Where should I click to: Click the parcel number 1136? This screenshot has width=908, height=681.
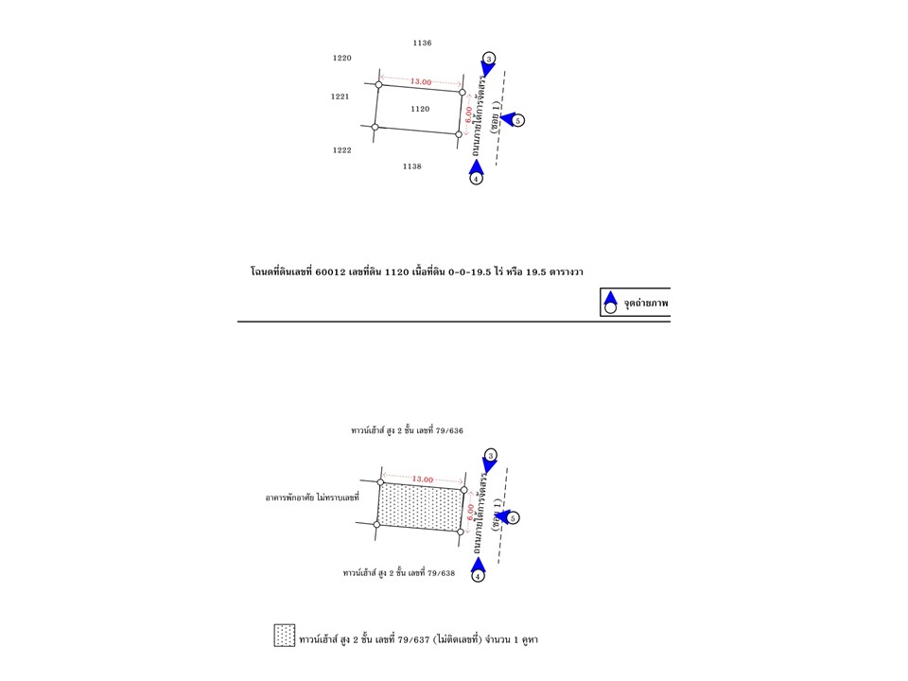(x=423, y=43)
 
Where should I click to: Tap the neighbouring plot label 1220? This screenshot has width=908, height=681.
(x=341, y=58)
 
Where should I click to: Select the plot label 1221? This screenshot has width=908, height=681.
(x=340, y=96)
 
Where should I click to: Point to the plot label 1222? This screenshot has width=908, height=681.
(x=341, y=150)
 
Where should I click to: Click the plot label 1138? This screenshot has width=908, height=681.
(x=411, y=166)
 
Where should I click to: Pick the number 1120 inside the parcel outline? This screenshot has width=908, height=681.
(x=420, y=109)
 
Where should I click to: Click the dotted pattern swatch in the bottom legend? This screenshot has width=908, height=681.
(x=285, y=636)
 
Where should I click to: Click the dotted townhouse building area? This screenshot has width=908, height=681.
(x=421, y=507)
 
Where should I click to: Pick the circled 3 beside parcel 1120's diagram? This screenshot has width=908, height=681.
(x=488, y=59)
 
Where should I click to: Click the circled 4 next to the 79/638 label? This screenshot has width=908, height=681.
(x=478, y=575)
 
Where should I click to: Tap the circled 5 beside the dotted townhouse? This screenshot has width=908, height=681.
(x=514, y=518)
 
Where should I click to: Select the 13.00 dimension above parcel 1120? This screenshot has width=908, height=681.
(x=421, y=83)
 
